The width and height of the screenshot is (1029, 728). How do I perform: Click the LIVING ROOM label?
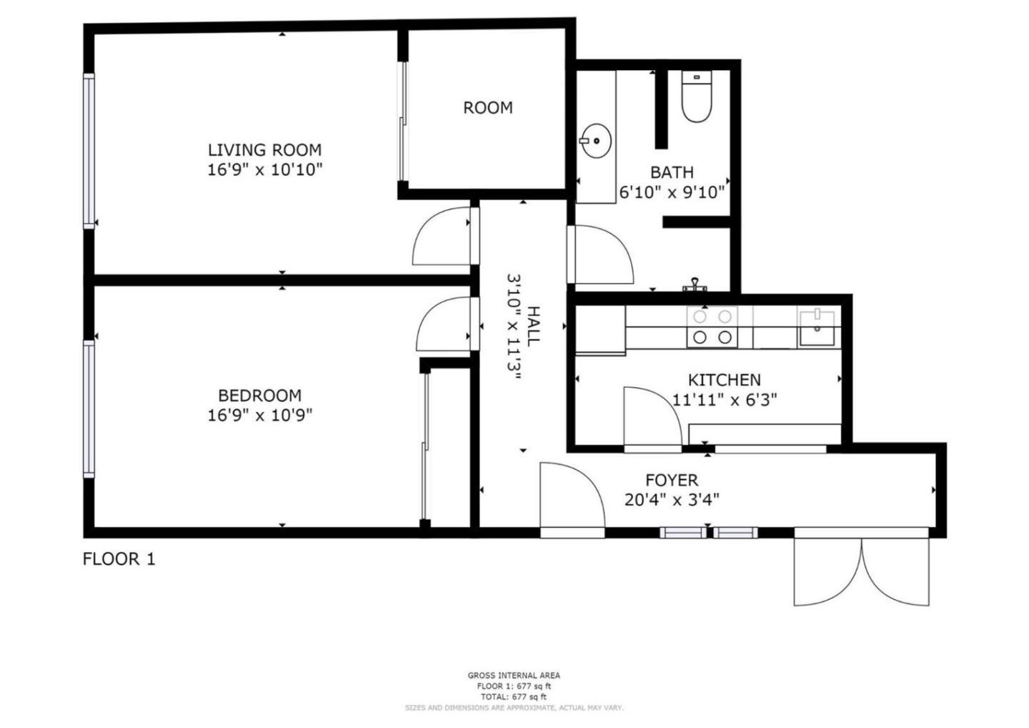[x=264, y=150]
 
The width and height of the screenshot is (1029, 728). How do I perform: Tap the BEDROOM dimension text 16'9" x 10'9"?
[x=259, y=415]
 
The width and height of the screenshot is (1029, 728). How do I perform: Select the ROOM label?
[x=487, y=108]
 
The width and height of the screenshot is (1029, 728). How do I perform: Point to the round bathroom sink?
[x=595, y=141]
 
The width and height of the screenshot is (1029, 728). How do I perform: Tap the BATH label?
[x=671, y=172]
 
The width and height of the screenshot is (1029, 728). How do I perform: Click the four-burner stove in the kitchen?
[x=712, y=327]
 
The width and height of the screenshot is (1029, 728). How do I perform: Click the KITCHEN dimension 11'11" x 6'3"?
[x=724, y=400]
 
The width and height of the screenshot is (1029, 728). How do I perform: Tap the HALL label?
[x=533, y=327]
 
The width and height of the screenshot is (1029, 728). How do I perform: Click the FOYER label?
[x=671, y=481]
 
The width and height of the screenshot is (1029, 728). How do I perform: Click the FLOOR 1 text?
[x=119, y=559]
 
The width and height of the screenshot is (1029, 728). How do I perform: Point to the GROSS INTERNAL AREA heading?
[x=514, y=675]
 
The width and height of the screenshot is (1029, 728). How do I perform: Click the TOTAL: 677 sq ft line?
[x=514, y=697]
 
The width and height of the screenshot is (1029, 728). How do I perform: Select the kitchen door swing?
[x=650, y=418]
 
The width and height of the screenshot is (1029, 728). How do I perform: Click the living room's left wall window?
[x=89, y=152]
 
